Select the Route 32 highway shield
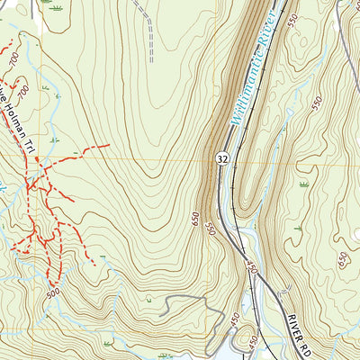point(221,158)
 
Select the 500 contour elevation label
point(52,293)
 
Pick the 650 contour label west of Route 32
point(195,218)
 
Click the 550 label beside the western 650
point(211,229)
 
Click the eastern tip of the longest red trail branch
point(109,145)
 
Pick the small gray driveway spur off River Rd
point(286,289)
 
